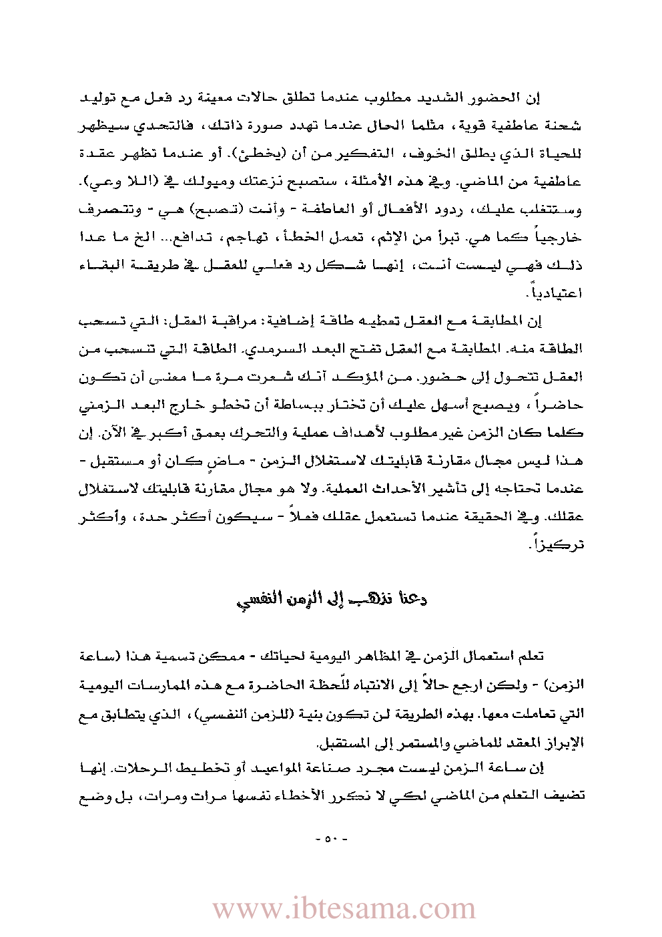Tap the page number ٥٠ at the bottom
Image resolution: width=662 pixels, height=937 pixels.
tap(331, 838)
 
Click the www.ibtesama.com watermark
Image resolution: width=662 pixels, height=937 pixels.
tap(344, 909)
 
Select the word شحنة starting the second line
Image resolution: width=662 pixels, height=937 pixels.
tap(567, 126)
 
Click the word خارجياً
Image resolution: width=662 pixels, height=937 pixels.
tap(559, 238)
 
